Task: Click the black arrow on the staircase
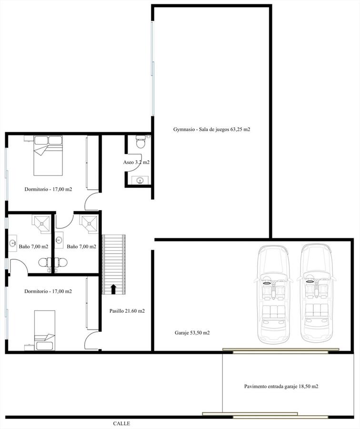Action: tap(113, 289)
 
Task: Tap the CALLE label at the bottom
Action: tap(121, 423)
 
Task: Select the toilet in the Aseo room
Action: tap(141, 142)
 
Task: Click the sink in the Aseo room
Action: tap(140, 180)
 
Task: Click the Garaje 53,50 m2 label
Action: tap(192, 333)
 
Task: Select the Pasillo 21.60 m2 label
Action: tap(127, 311)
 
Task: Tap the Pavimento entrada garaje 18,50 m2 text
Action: tap(281, 386)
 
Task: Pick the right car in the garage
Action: tap(316, 293)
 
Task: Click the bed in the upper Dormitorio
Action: tap(48, 155)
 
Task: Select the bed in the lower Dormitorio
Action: tap(45, 330)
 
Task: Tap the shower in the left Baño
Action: tap(42, 225)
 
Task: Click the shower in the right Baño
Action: tap(89, 225)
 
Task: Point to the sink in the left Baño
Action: tap(12, 243)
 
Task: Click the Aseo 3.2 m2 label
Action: tap(136, 162)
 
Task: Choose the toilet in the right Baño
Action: tap(61, 263)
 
